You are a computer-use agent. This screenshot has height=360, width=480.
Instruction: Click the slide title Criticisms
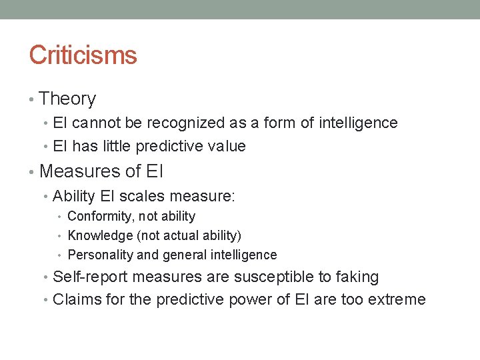coord(83,55)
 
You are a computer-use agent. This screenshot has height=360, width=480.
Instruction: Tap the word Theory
coord(67,99)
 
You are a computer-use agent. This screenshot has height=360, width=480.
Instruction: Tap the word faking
coord(356,277)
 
